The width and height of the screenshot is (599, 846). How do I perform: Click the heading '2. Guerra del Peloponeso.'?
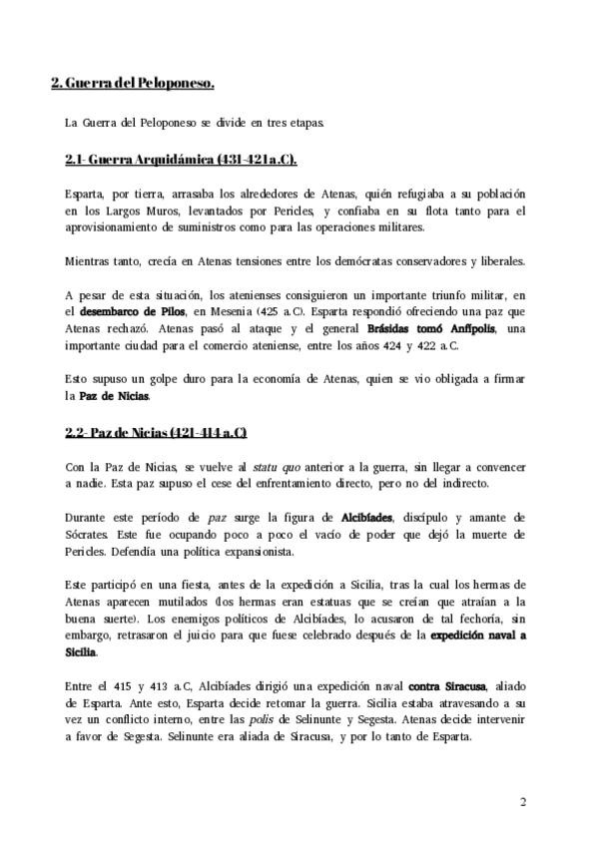click(133, 84)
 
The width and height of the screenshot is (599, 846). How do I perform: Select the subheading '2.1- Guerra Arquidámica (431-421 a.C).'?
click(181, 160)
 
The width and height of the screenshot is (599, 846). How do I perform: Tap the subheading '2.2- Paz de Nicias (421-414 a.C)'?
click(155, 432)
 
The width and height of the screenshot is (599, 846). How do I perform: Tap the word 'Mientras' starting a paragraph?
click(90, 261)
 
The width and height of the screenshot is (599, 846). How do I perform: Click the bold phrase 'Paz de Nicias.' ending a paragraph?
click(116, 396)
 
